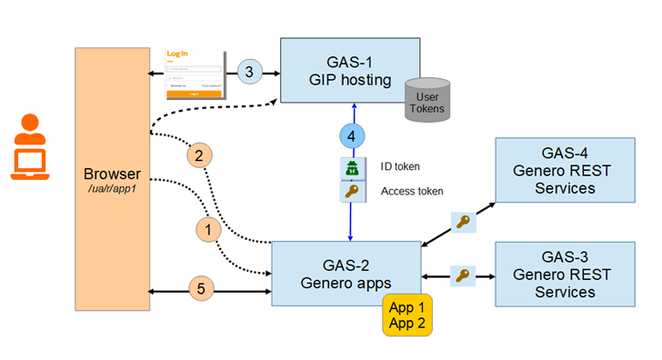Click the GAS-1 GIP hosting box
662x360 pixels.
coord(349,69)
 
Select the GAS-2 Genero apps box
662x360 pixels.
coord(346,272)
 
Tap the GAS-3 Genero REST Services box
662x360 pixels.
coord(564,273)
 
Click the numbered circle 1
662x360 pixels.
coord(208,231)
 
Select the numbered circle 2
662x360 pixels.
coord(199,155)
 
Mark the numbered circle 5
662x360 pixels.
coord(202,289)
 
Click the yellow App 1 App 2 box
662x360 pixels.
coord(407,314)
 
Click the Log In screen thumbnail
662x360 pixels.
coord(195,75)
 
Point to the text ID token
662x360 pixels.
coord(400,166)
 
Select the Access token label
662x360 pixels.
coord(412,191)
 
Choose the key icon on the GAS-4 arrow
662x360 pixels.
coord(465,221)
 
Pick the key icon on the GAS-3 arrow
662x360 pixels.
coord(465,275)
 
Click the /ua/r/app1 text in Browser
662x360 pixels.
coord(112,189)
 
